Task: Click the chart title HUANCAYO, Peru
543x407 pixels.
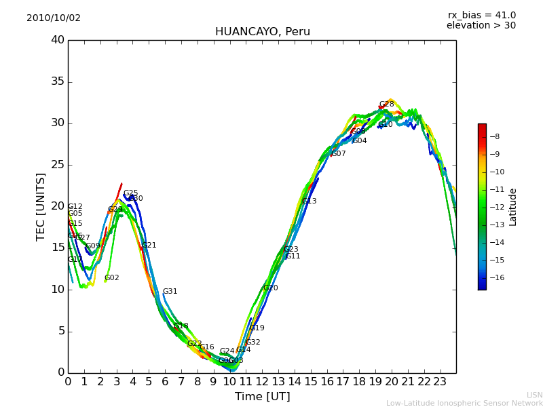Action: point(262,32)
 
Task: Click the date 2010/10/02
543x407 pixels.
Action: point(54,18)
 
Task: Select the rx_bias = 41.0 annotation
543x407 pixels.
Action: point(481,16)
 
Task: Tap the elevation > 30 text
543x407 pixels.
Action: point(481,26)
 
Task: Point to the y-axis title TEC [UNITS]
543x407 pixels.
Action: point(41,206)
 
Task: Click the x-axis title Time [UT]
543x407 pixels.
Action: point(262,397)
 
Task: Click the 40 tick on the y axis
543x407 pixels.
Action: point(58,40)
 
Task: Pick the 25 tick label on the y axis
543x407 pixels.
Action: point(58,165)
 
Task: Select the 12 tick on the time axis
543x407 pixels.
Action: point(262,381)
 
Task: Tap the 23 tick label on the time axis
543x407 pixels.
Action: point(440,381)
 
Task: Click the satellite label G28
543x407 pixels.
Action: point(386,104)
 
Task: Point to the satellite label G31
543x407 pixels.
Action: point(170,292)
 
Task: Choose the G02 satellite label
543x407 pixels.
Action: point(111,278)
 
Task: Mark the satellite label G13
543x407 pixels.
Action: point(309,201)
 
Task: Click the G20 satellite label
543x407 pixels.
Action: point(270,288)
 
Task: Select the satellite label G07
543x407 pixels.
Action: point(338,154)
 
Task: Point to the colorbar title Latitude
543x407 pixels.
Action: point(513,207)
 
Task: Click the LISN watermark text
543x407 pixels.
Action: point(534,395)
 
